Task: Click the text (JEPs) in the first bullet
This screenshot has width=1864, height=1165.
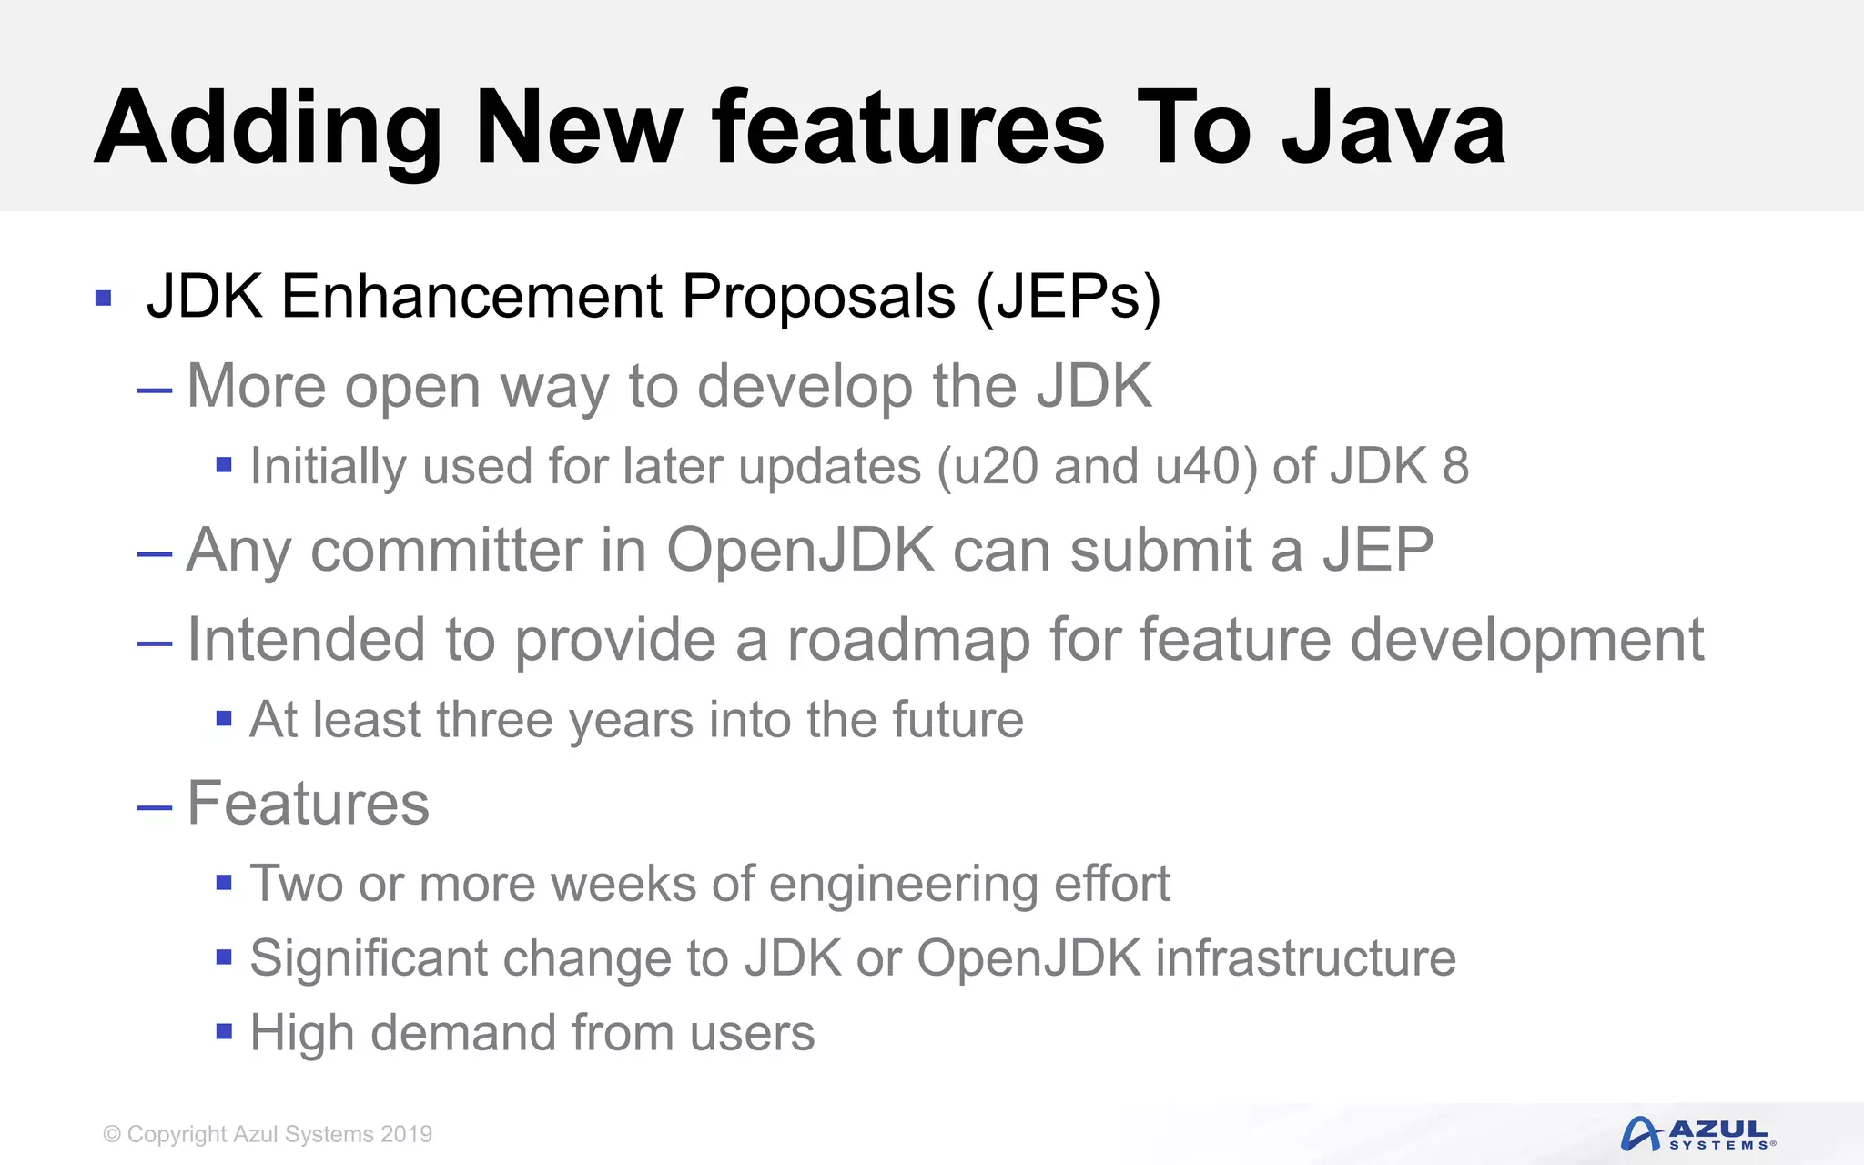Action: [1069, 297]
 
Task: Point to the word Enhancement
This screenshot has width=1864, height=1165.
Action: [472, 297]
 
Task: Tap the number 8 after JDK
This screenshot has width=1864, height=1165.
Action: [1455, 466]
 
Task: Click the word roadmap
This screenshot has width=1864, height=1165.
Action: [908, 640]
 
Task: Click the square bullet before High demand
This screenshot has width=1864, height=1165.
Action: [224, 1031]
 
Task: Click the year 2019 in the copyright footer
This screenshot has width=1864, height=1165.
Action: [406, 1134]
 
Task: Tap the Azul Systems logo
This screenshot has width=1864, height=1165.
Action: [1697, 1134]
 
